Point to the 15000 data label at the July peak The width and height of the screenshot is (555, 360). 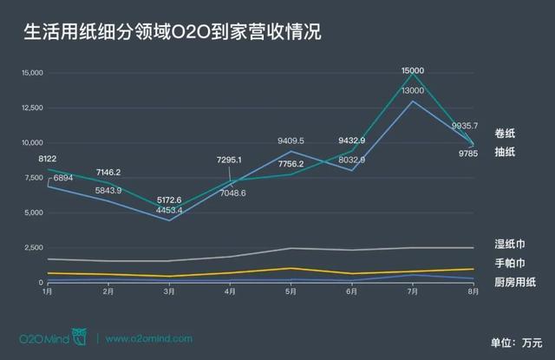[413, 69]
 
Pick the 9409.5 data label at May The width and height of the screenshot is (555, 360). [291, 140]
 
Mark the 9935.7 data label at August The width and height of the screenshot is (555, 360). [458, 125]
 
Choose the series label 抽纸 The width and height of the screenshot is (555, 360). [506, 151]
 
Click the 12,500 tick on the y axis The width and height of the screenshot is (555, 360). [30, 108]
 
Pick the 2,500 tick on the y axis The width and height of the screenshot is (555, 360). [33, 248]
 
